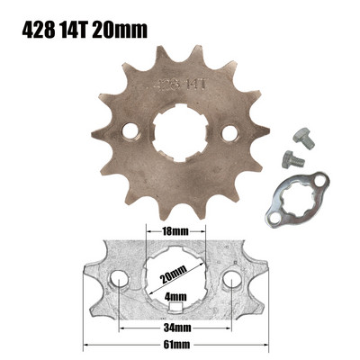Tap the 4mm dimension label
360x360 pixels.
pos(176,295)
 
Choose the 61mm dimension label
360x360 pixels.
pos(175,343)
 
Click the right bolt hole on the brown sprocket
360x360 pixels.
pos(229,133)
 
